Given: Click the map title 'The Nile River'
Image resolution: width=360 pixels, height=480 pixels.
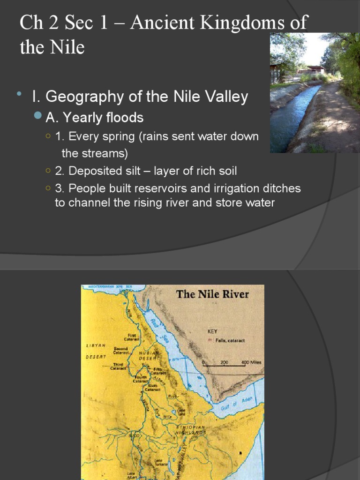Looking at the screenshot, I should tap(212, 294).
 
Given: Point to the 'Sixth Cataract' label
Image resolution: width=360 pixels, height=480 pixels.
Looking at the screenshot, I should tap(153, 388).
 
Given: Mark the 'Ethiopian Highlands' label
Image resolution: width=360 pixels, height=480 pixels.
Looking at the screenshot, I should tap(190, 430).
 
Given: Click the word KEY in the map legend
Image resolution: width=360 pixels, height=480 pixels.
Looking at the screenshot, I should tap(212, 331).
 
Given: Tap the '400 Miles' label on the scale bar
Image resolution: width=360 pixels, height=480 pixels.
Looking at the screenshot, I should tap(251, 362).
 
